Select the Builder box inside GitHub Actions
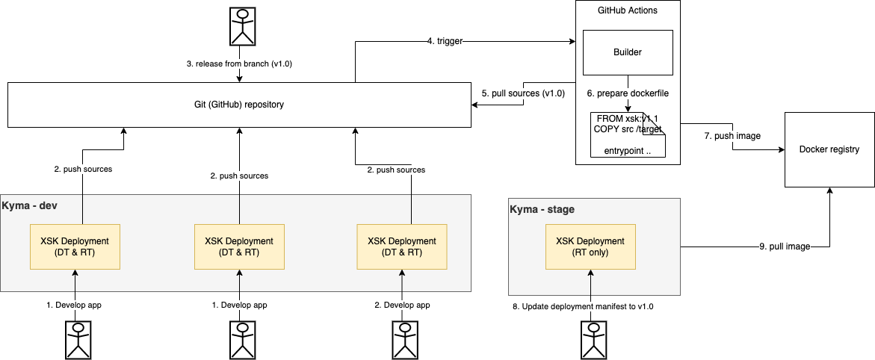628,53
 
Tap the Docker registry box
829,149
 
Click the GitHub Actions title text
628,11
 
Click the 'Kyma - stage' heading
542,209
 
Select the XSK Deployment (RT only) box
590,246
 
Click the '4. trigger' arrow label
445,42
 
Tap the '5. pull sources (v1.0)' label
523,93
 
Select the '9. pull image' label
782,246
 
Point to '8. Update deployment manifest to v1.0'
588,306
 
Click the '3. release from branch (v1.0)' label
239,64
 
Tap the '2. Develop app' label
403,305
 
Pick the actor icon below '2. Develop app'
403,340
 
